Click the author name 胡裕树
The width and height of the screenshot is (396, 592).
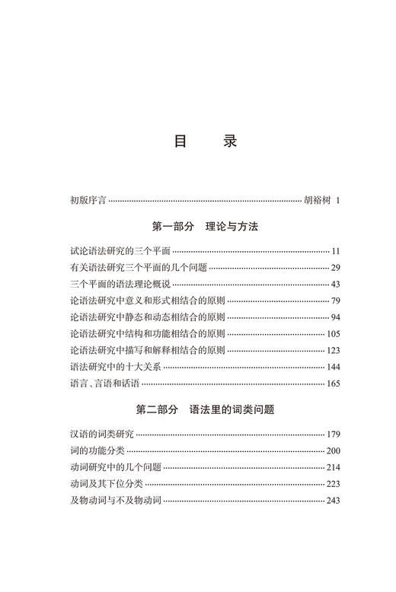(x=316, y=201)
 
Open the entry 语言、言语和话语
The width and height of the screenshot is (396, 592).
(x=104, y=384)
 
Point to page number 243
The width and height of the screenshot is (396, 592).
(x=332, y=500)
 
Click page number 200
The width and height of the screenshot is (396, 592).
(x=332, y=450)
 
